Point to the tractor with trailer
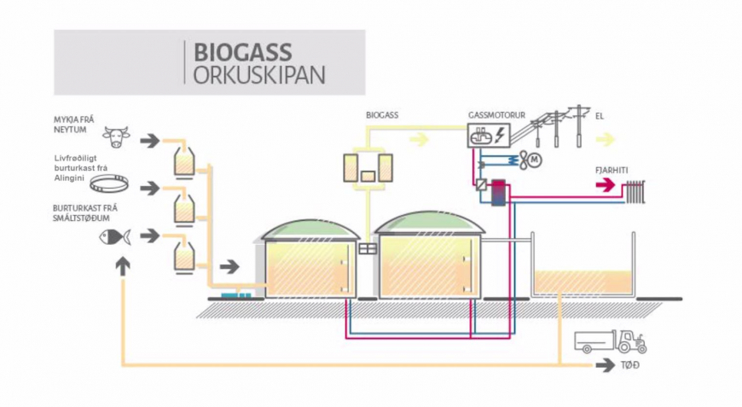pos(611,342)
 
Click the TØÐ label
pos(630,366)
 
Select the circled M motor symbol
pos(534,160)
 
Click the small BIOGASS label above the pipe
pos(381,113)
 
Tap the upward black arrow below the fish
pos(123,265)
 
